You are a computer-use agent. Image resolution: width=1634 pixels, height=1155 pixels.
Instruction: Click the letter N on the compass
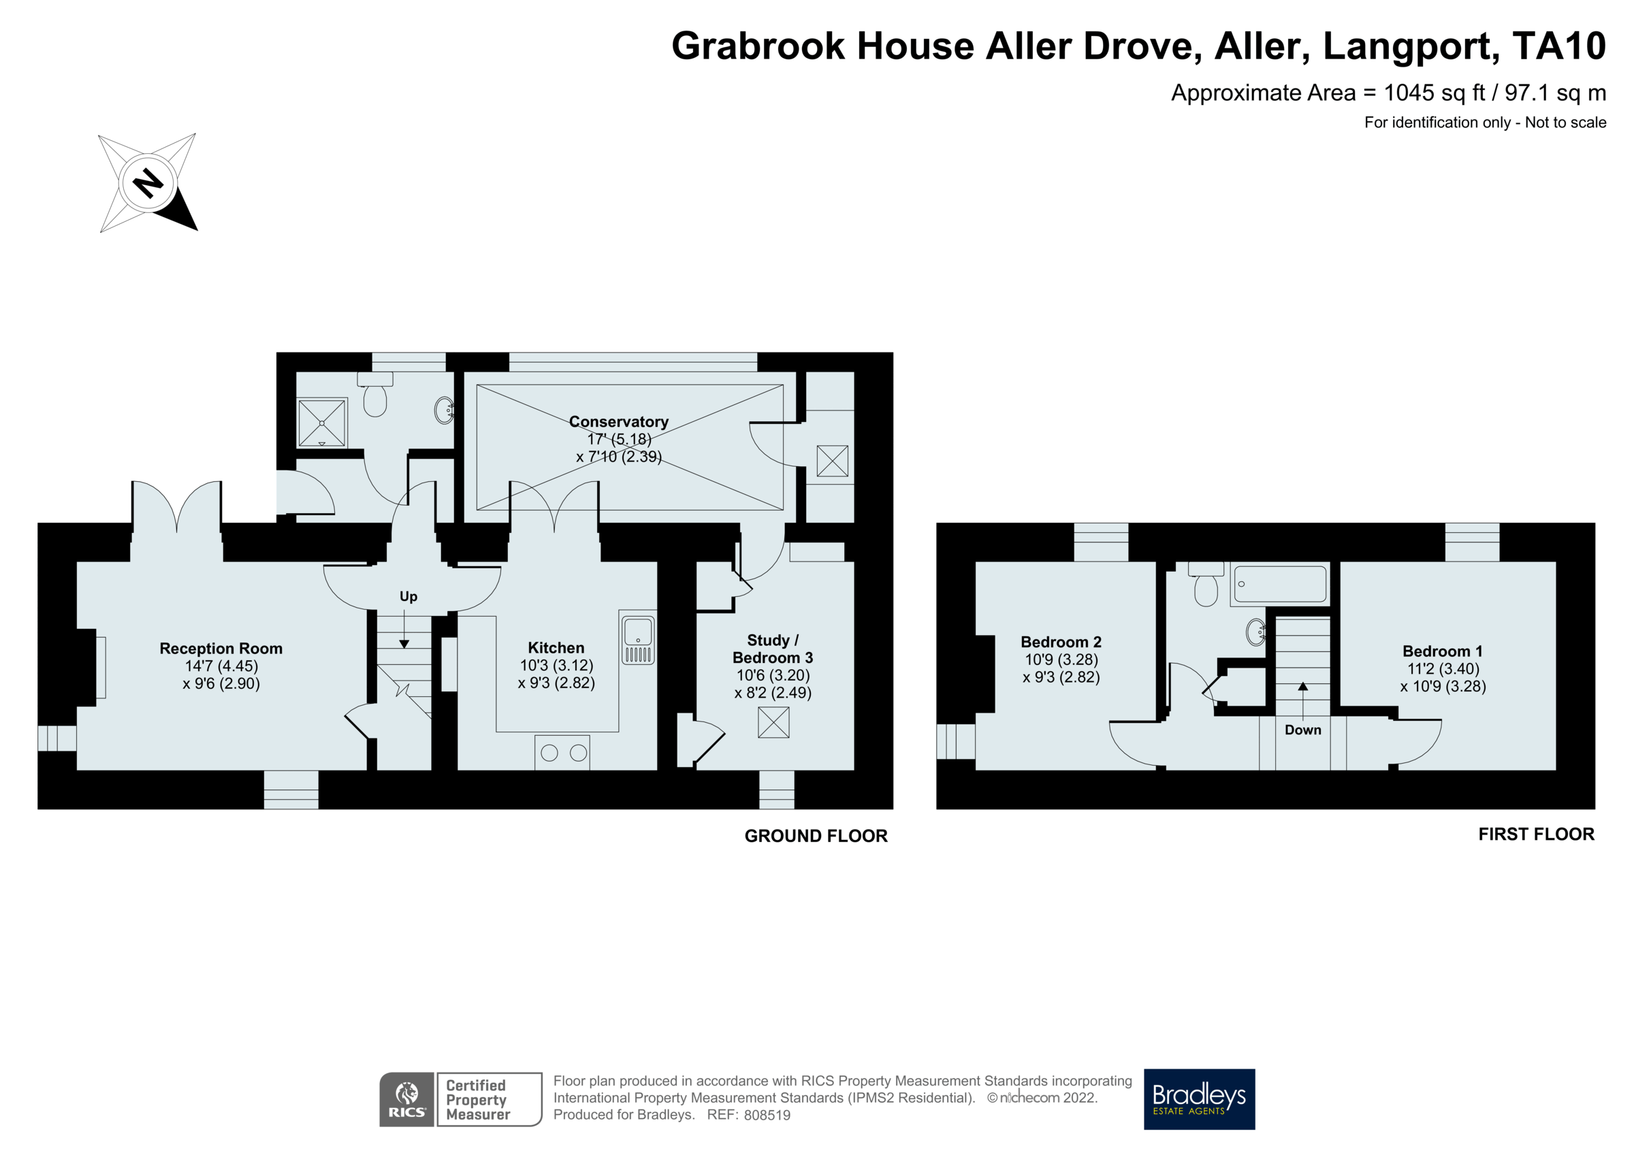point(148,183)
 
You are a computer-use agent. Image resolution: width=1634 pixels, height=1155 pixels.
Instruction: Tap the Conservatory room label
point(618,422)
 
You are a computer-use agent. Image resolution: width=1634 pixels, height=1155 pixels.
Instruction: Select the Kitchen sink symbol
point(638,638)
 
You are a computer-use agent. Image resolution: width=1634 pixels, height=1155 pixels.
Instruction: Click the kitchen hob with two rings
point(563,752)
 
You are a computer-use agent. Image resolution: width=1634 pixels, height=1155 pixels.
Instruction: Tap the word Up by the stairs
point(408,596)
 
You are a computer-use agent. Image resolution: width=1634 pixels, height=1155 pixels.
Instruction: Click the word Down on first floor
point(1302,730)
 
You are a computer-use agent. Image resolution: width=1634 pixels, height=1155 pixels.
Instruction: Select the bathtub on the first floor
point(1279,584)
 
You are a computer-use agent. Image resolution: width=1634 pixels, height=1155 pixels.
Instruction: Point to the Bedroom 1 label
point(1442,651)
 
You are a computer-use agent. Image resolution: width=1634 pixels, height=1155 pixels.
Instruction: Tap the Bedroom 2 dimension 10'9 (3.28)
point(1061,660)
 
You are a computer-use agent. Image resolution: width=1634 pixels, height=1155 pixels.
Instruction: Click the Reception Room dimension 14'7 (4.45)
point(221,666)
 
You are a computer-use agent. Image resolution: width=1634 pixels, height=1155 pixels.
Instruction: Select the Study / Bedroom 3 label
point(772,649)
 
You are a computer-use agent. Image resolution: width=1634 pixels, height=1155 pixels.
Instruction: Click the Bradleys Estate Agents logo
point(1198,1099)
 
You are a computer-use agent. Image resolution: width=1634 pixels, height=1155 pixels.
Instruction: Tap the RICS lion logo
point(406,1099)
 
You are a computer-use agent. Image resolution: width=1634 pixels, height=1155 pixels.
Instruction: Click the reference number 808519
point(767,1115)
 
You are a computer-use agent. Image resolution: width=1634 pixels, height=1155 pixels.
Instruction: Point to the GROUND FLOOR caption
point(816,836)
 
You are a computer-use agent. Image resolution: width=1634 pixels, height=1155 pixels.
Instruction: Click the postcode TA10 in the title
point(1558,46)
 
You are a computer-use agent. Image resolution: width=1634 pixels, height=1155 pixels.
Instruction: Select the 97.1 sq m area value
point(1555,93)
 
